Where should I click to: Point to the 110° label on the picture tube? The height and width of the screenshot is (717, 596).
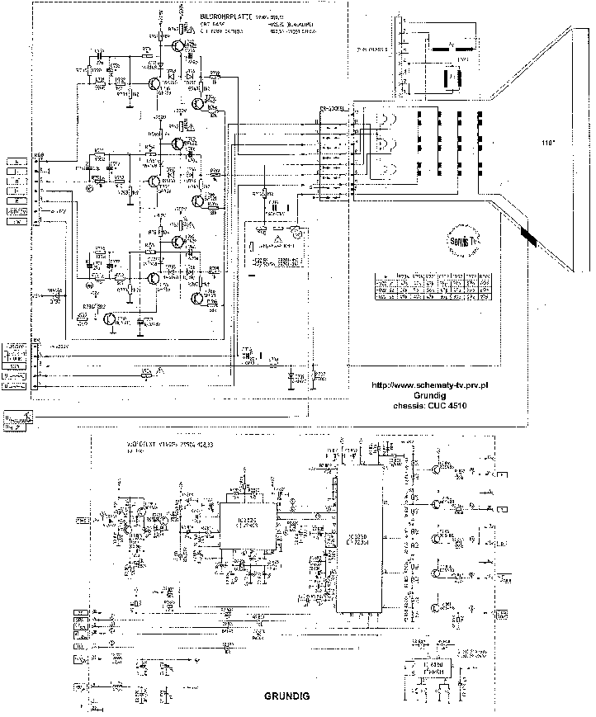click(545, 143)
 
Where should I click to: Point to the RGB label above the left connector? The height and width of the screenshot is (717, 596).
click(39, 154)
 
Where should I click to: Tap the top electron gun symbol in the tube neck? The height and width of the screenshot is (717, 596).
click(385, 120)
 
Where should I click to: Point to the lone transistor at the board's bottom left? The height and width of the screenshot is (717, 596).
click(111, 321)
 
